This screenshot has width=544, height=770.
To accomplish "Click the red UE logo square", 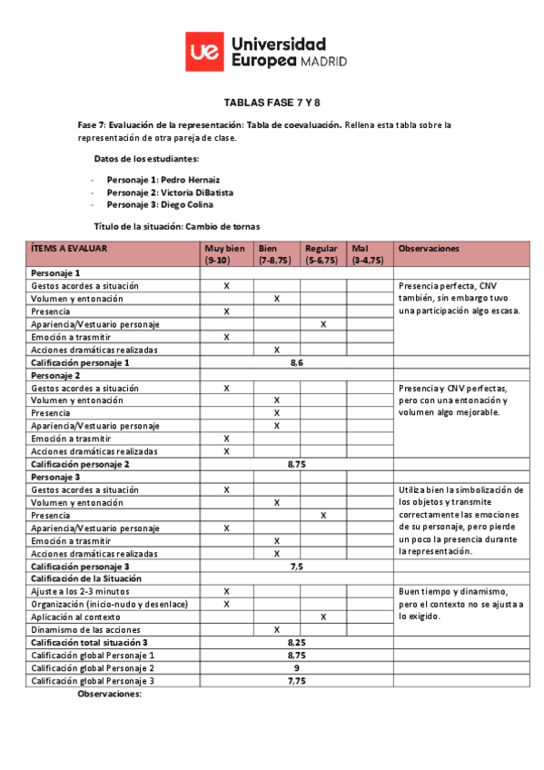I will click(204, 52).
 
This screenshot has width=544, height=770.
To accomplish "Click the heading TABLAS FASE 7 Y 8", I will click(272, 103).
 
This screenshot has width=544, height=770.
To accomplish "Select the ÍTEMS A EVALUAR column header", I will click(69, 248).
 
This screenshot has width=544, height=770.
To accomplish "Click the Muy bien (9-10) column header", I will click(226, 253).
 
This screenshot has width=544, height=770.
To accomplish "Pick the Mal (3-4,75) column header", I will click(367, 253).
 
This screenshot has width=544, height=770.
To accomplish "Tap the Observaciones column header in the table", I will click(429, 248).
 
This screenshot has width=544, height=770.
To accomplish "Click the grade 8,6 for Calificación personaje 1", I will click(296, 362).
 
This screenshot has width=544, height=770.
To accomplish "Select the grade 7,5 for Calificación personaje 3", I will click(296, 566).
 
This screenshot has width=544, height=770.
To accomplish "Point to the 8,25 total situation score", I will click(296, 642).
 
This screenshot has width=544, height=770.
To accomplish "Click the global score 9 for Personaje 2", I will click(296, 667).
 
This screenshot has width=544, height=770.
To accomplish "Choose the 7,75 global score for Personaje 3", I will click(296, 680).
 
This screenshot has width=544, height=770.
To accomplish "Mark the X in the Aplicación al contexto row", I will click(323, 617).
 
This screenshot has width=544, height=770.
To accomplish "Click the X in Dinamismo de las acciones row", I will click(276, 629).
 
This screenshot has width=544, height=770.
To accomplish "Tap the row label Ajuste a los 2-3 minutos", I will click(81, 591).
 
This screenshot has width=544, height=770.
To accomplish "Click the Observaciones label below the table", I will click(110, 694).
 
